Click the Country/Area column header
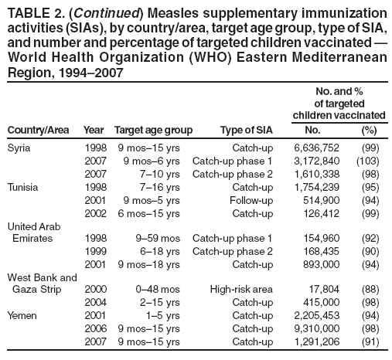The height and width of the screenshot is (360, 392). pos(38,130)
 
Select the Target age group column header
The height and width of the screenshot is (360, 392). pos(152,130)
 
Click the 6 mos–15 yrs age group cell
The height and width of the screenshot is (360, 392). pos(148,212)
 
